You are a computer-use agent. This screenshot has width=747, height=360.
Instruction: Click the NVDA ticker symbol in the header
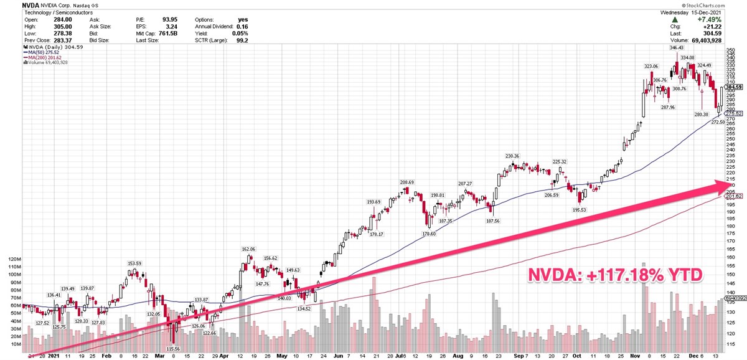[13, 4]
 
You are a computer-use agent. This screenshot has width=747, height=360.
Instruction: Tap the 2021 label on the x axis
[54, 356]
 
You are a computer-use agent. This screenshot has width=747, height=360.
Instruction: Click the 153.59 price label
[134, 263]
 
